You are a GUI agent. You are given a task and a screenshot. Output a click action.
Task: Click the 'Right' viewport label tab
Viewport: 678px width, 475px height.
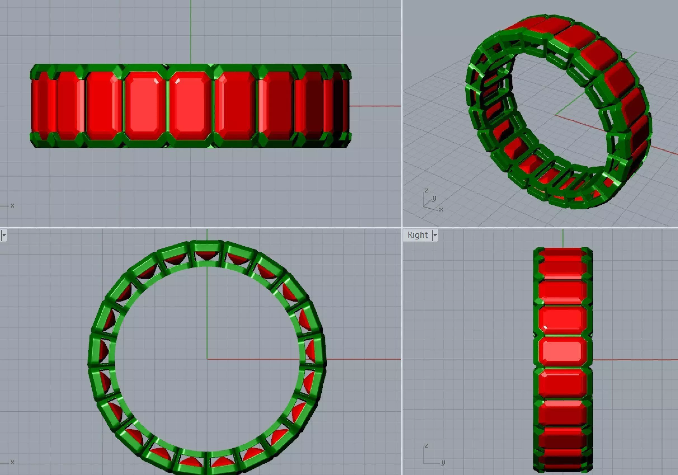tap(417, 235)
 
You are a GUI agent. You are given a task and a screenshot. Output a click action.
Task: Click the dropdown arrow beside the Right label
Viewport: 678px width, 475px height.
tap(435, 235)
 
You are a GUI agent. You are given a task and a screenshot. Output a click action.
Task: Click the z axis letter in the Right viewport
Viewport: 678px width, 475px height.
tap(426, 445)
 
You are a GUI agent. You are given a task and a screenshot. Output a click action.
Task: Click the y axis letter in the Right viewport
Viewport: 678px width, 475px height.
tap(443, 462)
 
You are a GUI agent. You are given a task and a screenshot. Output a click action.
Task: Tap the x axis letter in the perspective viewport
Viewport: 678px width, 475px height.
tap(441, 209)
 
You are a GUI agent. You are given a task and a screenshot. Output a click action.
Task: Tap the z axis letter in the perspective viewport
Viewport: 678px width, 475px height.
tap(426, 191)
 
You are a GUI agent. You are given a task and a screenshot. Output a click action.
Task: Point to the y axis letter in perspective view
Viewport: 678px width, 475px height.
tap(434, 198)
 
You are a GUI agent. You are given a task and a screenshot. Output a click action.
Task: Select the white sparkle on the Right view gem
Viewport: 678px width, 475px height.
tap(545, 327)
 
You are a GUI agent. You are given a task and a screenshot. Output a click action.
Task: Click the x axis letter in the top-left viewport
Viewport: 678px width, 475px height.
tap(12, 205)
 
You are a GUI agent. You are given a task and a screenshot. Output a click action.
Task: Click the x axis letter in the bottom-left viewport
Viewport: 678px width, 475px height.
tap(12, 462)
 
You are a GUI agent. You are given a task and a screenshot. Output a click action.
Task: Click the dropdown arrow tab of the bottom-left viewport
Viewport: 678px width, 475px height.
tap(4, 235)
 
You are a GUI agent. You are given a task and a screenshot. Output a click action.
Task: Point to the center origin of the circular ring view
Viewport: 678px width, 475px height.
tap(207, 359)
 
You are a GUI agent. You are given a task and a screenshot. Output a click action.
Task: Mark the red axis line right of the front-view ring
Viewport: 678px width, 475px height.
tap(375, 106)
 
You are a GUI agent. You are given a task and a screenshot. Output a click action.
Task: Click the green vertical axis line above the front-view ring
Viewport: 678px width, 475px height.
tap(190, 30)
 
